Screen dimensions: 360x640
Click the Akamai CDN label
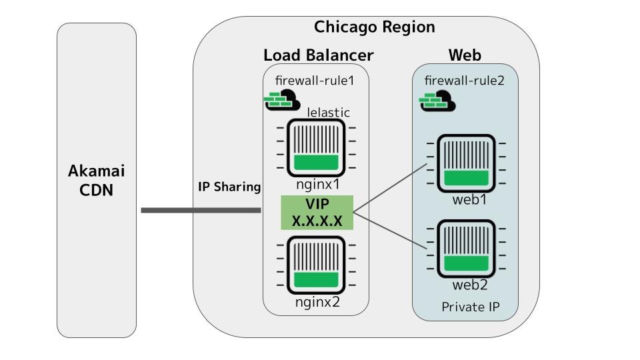pos(97,180)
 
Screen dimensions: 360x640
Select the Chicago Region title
pos(374,27)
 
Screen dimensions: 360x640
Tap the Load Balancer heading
pos(318,55)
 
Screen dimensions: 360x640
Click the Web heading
pos(464,55)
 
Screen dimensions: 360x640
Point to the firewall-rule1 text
pos(314,81)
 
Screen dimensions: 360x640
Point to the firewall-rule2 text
pos(464,81)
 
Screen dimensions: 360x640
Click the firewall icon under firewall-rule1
pos(282,101)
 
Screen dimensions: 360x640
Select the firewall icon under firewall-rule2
pos(437,102)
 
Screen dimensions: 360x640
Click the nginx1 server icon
pos(316,148)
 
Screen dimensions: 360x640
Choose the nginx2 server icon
pos(316,265)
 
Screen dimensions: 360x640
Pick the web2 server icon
pos(466,249)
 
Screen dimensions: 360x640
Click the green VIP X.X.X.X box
pos(317,213)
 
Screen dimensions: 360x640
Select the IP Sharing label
pos(229,187)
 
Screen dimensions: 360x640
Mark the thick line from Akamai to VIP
pos(200,211)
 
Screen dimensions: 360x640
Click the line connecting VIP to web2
pos(390,231)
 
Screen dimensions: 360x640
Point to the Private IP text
pos(470,307)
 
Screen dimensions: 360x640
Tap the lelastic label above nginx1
pos(328,113)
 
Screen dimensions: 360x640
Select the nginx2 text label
pos(317,302)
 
